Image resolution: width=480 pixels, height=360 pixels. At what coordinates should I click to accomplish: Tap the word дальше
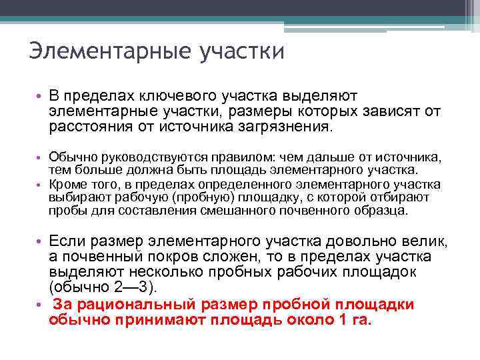point(311,155)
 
